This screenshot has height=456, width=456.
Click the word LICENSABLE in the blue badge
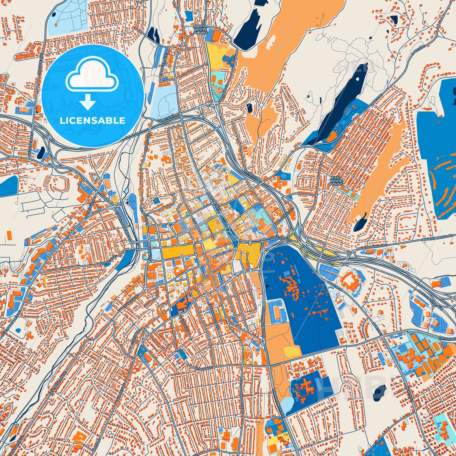point(92,121)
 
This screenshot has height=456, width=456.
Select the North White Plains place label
point(200,29)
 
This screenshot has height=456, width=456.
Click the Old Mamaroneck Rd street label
point(242,391)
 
